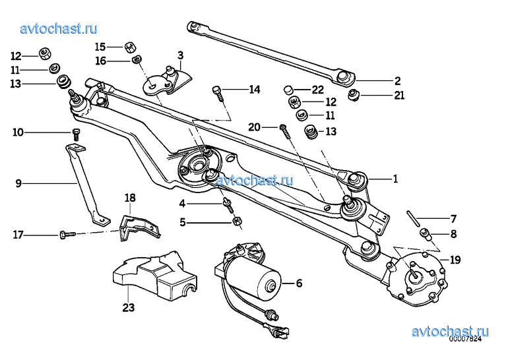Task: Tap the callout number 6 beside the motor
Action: [299, 284]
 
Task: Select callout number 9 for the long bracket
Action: [18, 183]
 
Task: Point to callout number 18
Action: [130, 198]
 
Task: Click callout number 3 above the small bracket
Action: [180, 55]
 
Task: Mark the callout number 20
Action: [253, 127]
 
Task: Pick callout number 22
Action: [318, 90]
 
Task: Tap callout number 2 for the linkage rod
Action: [397, 81]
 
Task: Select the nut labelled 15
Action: [130, 47]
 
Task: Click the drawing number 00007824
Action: [465, 340]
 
